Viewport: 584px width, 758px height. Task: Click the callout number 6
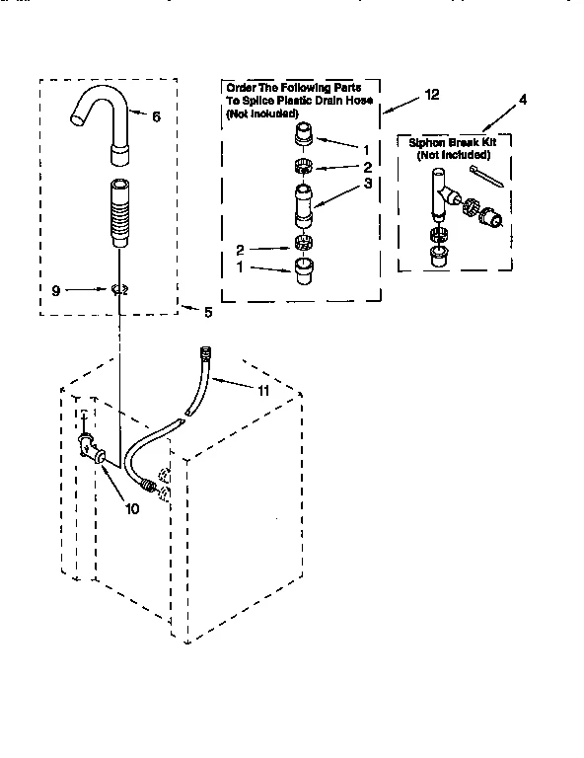[x=155, y=115]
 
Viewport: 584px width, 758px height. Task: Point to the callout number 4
[x=523, y=100]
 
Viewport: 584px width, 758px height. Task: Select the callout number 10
[x=131, y=508]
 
